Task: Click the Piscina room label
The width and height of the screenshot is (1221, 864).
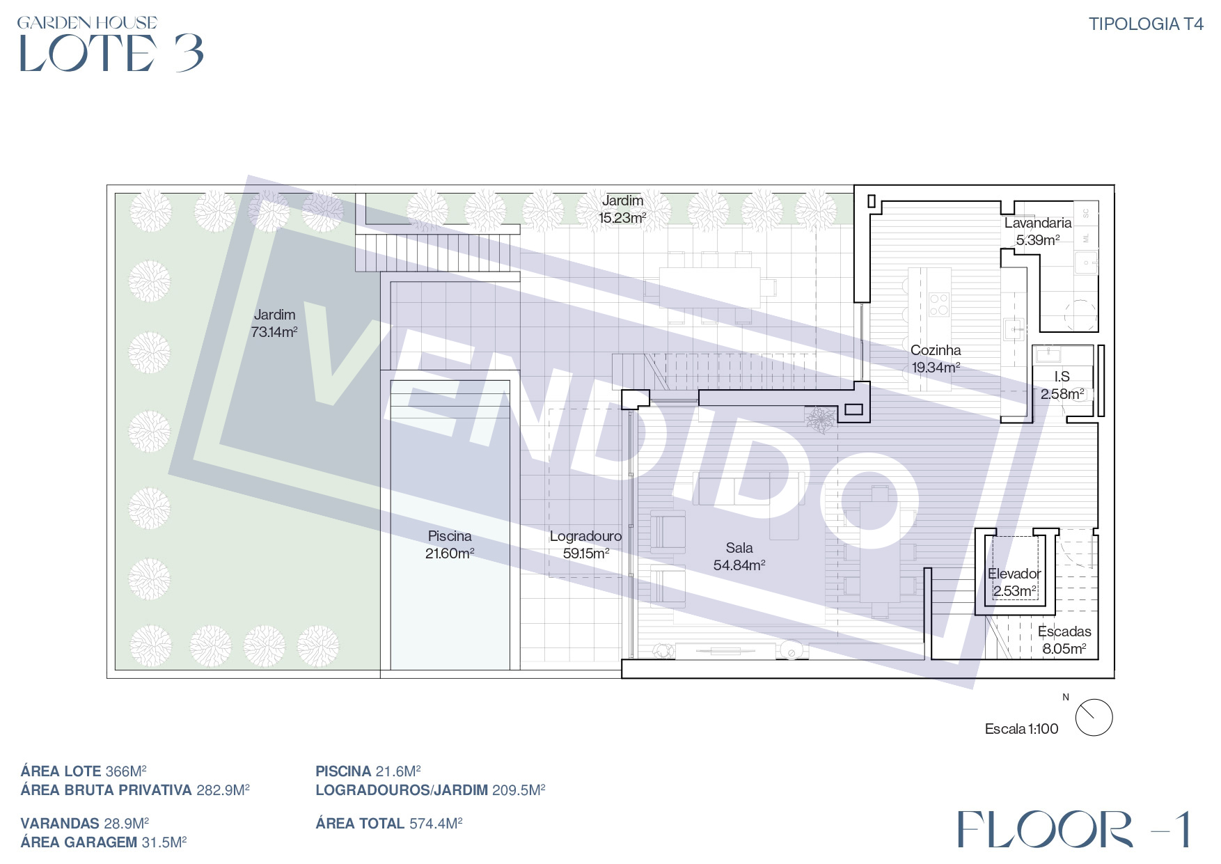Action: tap(450, 544)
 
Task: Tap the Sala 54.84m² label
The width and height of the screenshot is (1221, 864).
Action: tap(739, 556)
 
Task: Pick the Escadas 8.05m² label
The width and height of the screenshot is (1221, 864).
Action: tap(1064, 640)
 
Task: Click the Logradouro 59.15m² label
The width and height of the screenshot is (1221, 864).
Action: tap(585, 544)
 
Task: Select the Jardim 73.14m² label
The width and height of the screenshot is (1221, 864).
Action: tap(274, 323)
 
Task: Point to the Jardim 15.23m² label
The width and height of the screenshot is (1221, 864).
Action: tap(622, 209)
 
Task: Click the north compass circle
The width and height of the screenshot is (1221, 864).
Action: tap(1094, 717)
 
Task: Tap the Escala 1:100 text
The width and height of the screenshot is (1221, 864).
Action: tap(1021, 729)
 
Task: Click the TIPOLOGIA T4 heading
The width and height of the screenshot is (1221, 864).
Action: tap(1146, 24)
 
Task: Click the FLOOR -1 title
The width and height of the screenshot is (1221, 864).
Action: tap(1073, 829)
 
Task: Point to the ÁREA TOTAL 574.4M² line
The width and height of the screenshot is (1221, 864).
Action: tap(389, 824)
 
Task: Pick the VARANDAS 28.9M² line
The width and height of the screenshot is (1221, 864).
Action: tap(85, 824)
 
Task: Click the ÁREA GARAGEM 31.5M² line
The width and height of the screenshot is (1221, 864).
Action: tap(104, 842)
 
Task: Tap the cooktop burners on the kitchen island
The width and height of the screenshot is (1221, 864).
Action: tap(938, 304)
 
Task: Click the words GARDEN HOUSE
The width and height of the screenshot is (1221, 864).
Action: tap(87, 23)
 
